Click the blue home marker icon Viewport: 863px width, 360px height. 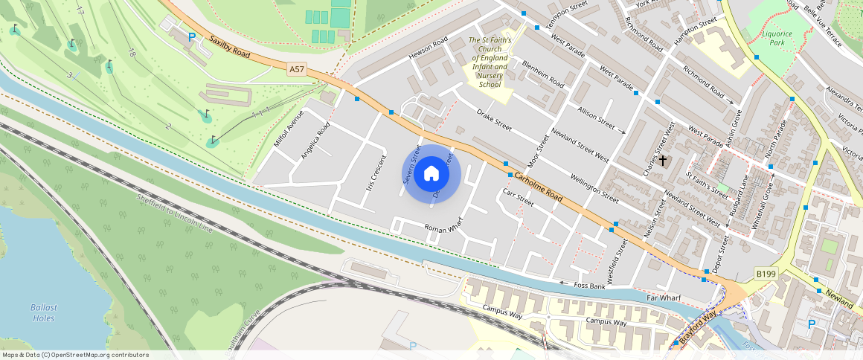coord(431,175)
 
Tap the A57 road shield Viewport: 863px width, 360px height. coord(297,69)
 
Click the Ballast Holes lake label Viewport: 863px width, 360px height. coord(44,312)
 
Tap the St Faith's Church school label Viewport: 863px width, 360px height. coord(489,62)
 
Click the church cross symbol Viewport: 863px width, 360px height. coord(662,160)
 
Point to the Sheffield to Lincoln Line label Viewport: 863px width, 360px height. coord(175,214)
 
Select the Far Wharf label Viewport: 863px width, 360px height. coord(664,298)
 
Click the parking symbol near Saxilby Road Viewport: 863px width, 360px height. coord(192,36)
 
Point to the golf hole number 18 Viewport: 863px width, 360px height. coord(132,53)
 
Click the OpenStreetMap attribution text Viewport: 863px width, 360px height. coord(75,355)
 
